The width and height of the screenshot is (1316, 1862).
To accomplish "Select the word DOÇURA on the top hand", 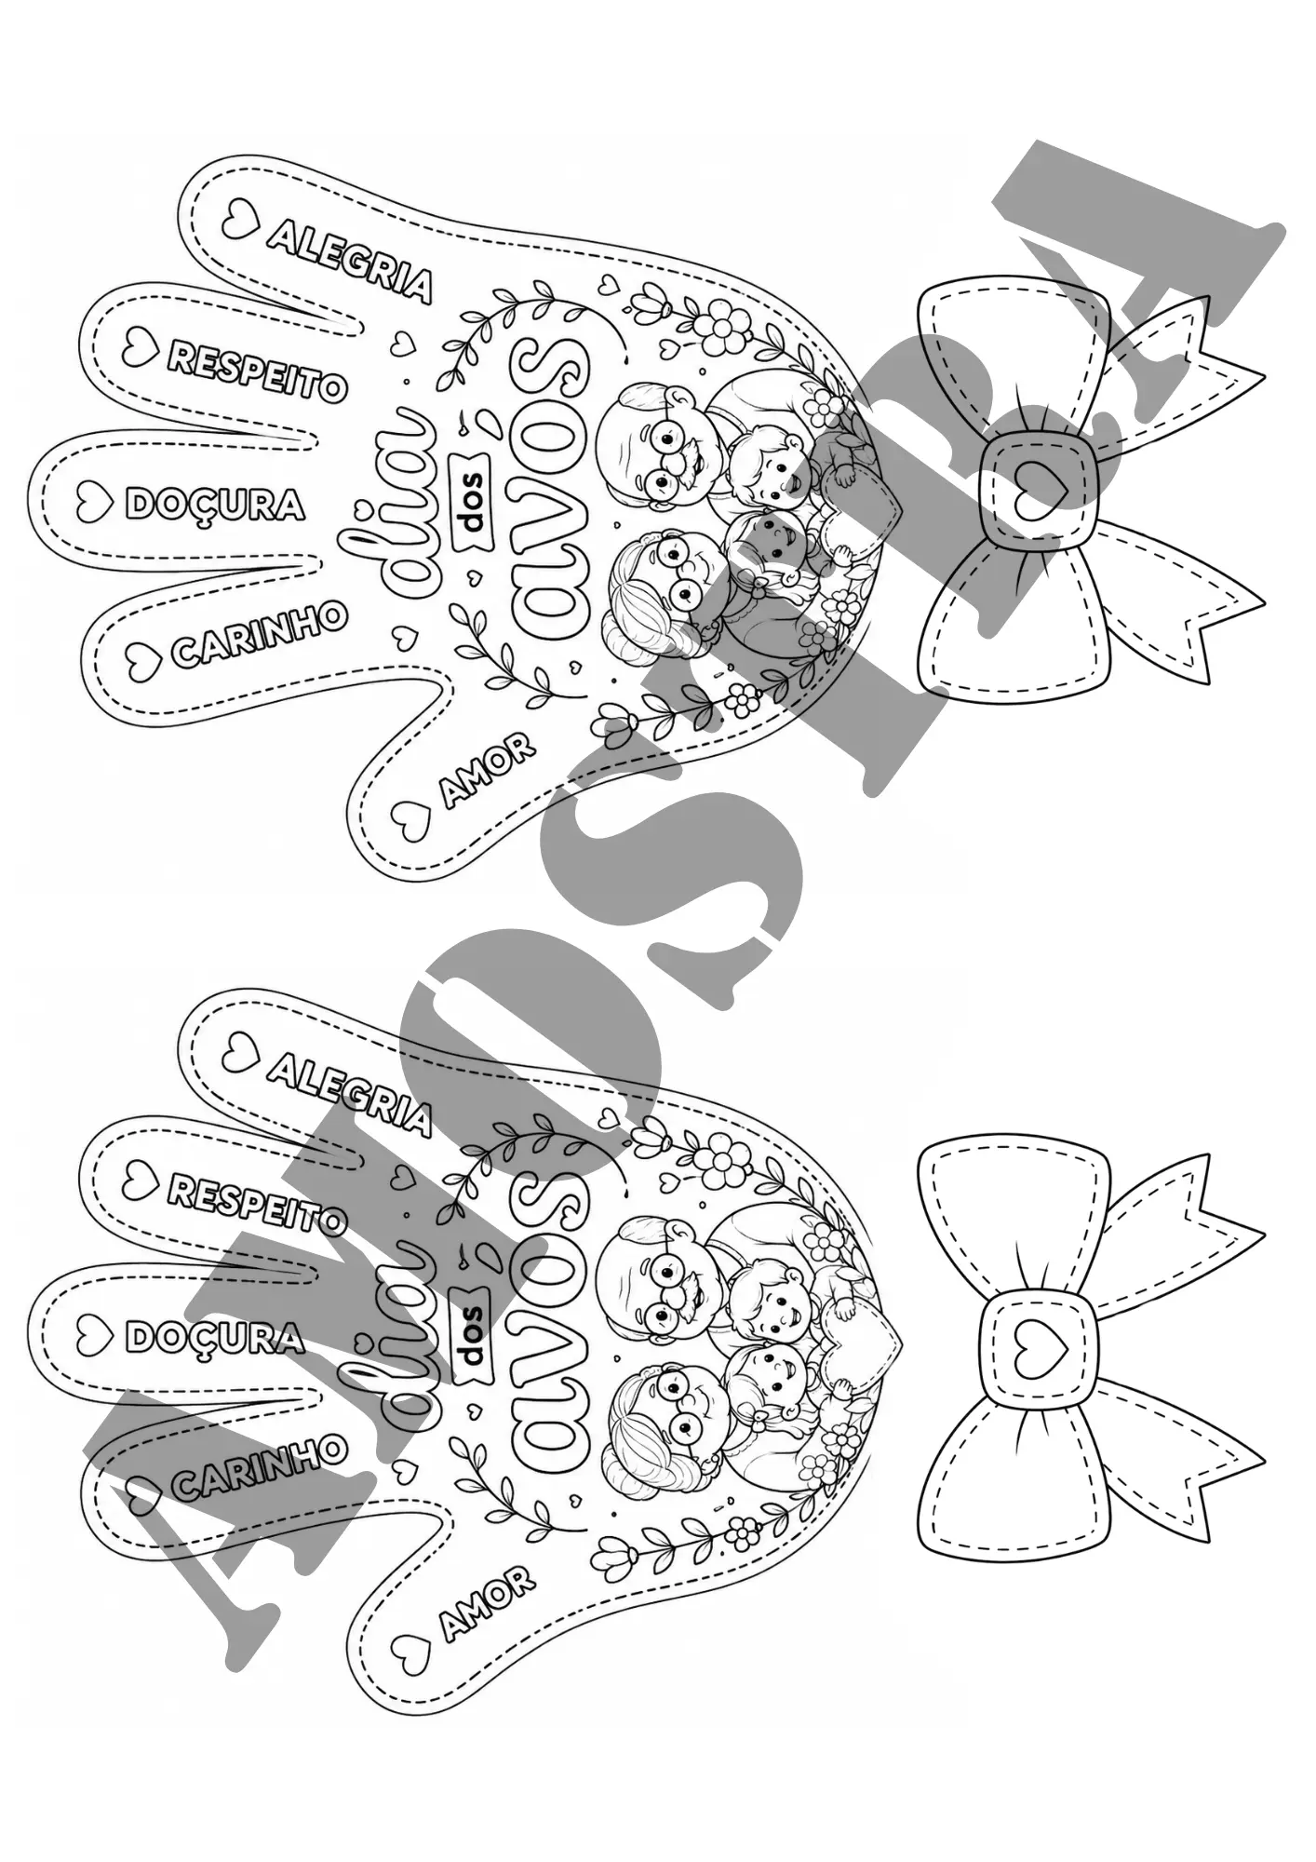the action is point(214,505).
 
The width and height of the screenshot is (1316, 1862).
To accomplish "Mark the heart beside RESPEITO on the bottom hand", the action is point(140,1178).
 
